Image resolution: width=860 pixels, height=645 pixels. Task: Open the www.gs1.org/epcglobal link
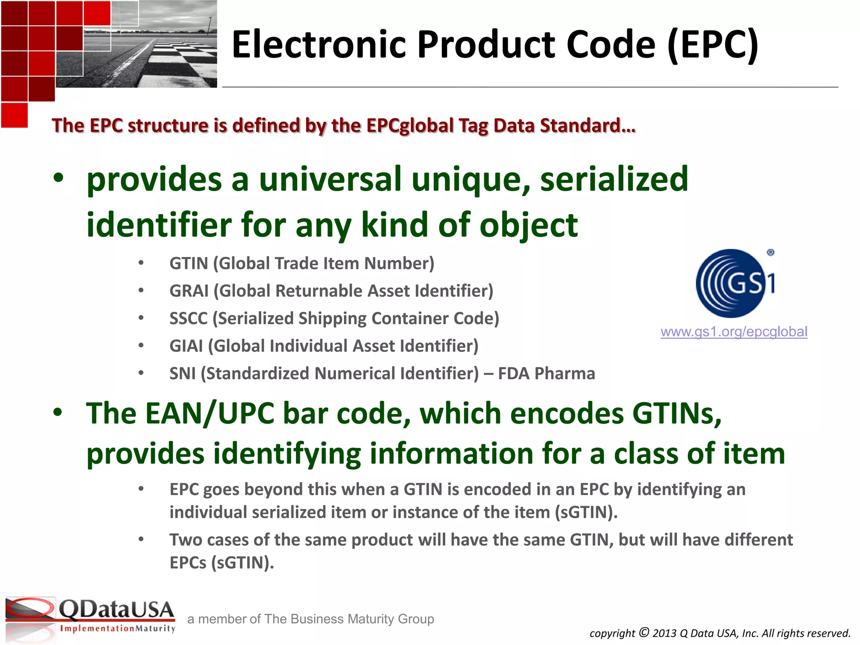(734, 332)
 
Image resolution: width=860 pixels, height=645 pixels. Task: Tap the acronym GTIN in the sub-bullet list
(189, 263)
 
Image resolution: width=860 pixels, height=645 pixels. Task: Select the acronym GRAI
(189, 291)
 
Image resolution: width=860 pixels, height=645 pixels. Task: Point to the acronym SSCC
(188, 318)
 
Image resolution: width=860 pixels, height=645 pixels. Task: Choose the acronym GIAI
(186, 346)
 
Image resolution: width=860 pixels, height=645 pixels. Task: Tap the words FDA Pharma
(546, 373)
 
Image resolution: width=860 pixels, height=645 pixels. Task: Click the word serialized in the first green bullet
(614, 179)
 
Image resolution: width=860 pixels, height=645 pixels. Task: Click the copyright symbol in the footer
(644, 632)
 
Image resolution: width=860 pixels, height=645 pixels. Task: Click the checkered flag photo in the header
(164, 46)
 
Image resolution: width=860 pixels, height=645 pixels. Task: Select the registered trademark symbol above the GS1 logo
(770, 252)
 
